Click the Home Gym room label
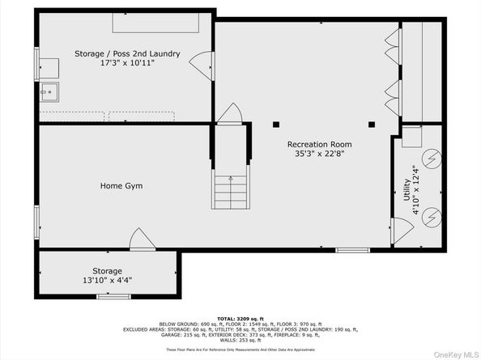click(121, 186)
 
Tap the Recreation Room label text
click(317, 145)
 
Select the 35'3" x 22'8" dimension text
click(317, 155)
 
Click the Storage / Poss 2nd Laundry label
click(127, 53)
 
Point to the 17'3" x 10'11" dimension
click(127, 62)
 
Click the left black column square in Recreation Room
click(276, 125)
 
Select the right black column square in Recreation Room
click(372, 125)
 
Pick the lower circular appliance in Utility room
click(433, 216)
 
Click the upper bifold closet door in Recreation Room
click(396, 42)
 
